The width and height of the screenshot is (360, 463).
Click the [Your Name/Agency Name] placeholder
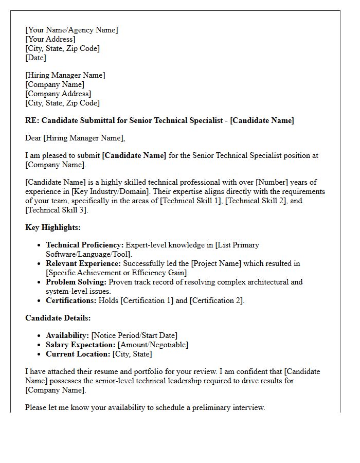point(71,30)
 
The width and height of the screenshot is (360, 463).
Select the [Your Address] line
point(50,39)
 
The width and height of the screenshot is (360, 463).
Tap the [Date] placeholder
point(35,58)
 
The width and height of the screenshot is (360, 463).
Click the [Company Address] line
point(58,94)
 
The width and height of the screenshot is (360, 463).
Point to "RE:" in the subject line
point(32,120)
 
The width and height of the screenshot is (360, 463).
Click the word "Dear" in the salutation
point(33,138)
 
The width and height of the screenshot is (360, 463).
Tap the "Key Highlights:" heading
point(53,227)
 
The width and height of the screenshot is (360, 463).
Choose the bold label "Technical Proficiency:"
point(85,245)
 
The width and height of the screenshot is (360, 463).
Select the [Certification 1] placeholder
point(147,300)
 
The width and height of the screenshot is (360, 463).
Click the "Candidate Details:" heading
point(58,318)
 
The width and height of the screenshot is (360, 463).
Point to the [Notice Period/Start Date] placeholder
point(134,335)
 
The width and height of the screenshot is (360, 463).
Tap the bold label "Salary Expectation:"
point(81,345)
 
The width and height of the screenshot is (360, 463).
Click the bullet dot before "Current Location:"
point(40,354)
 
